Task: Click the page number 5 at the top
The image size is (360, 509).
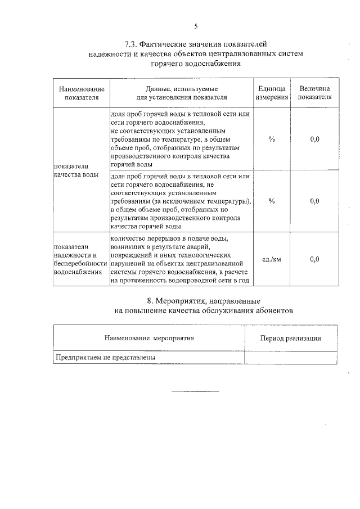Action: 196,26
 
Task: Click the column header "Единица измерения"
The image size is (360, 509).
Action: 272,93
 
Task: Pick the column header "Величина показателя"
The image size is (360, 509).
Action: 314,93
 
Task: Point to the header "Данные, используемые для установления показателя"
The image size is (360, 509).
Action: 181,93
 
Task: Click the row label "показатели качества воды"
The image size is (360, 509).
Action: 76,170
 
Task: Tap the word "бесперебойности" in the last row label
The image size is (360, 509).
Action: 80,263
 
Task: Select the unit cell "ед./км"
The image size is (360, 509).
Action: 272,259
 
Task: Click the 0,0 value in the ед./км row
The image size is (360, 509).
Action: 314,259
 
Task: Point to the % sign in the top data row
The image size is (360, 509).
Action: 272,139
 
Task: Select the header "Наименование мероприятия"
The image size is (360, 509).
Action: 149,338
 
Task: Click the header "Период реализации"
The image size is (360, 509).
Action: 291,338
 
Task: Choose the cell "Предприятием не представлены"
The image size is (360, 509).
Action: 105,357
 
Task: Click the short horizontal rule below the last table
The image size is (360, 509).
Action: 195,390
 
